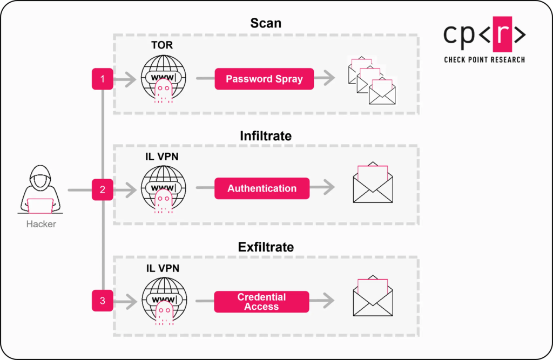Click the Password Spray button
264,79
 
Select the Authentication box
262,188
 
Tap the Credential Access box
262,302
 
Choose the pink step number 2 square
103,190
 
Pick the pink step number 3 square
103,301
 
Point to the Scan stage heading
266,23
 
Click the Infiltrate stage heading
266,136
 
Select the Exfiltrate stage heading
266,247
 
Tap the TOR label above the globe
162,45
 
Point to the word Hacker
41,223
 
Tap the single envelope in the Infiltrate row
373,185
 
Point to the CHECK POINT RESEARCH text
484,59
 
